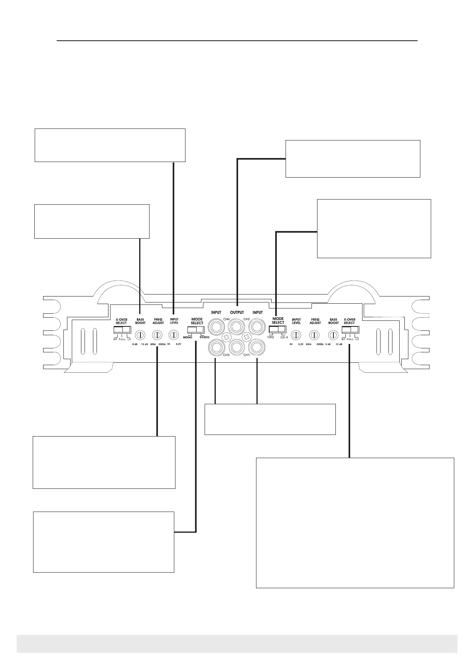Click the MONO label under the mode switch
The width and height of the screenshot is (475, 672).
point(187,337)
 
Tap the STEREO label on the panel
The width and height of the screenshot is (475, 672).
point(204,337)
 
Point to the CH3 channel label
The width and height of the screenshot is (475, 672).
point(226,355)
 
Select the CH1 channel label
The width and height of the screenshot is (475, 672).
point(246,355)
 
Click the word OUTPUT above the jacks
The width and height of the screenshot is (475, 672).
point(237,312)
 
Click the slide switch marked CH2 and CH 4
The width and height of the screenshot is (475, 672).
point(277,329)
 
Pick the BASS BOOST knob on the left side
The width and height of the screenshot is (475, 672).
point(140,335)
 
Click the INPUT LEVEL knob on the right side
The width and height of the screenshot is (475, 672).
point(296,335)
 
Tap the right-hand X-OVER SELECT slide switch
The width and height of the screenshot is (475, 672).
point(351,329)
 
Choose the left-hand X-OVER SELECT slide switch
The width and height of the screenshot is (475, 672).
point(122,329)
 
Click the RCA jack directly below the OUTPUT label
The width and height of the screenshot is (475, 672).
point(237,328)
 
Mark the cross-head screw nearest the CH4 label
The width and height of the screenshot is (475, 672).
point(226,337)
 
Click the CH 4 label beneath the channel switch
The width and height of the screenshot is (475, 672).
point(284,337)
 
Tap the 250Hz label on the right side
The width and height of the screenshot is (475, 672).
point(320,344)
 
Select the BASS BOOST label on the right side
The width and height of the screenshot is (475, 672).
point(333,321)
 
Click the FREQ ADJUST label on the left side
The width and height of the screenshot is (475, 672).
point(158,321)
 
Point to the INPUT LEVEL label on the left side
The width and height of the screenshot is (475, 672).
point(174,321)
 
